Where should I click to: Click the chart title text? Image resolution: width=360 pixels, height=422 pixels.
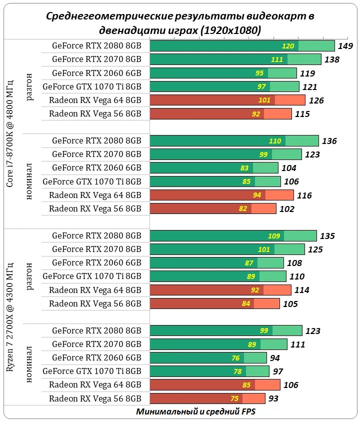coord(180,23)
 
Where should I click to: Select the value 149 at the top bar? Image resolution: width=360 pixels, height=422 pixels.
coord(346,46)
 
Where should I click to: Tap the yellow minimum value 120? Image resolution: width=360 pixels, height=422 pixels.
coord(288,46)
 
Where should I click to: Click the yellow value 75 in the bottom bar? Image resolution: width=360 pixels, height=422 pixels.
coord(234,398)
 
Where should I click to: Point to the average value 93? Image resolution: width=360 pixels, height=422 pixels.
coord(273,399)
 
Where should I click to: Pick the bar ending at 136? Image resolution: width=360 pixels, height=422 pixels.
coord(234,141)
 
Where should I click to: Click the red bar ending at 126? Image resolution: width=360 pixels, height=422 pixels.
coord(227,100)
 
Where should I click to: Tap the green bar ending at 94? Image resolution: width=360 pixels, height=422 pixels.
coord(208,357)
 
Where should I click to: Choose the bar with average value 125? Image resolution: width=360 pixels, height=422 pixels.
coord(227,249)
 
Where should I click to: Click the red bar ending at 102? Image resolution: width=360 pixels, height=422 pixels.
coord(213,208)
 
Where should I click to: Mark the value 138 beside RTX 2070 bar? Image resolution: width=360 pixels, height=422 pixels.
coord(332,60)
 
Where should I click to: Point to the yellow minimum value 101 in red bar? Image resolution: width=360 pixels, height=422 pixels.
coord(264,100)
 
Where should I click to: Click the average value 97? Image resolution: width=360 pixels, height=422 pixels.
coord(278,371)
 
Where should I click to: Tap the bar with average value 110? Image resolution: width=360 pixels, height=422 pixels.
coord(218,276)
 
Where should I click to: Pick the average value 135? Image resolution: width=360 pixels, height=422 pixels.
coord(327,236)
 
